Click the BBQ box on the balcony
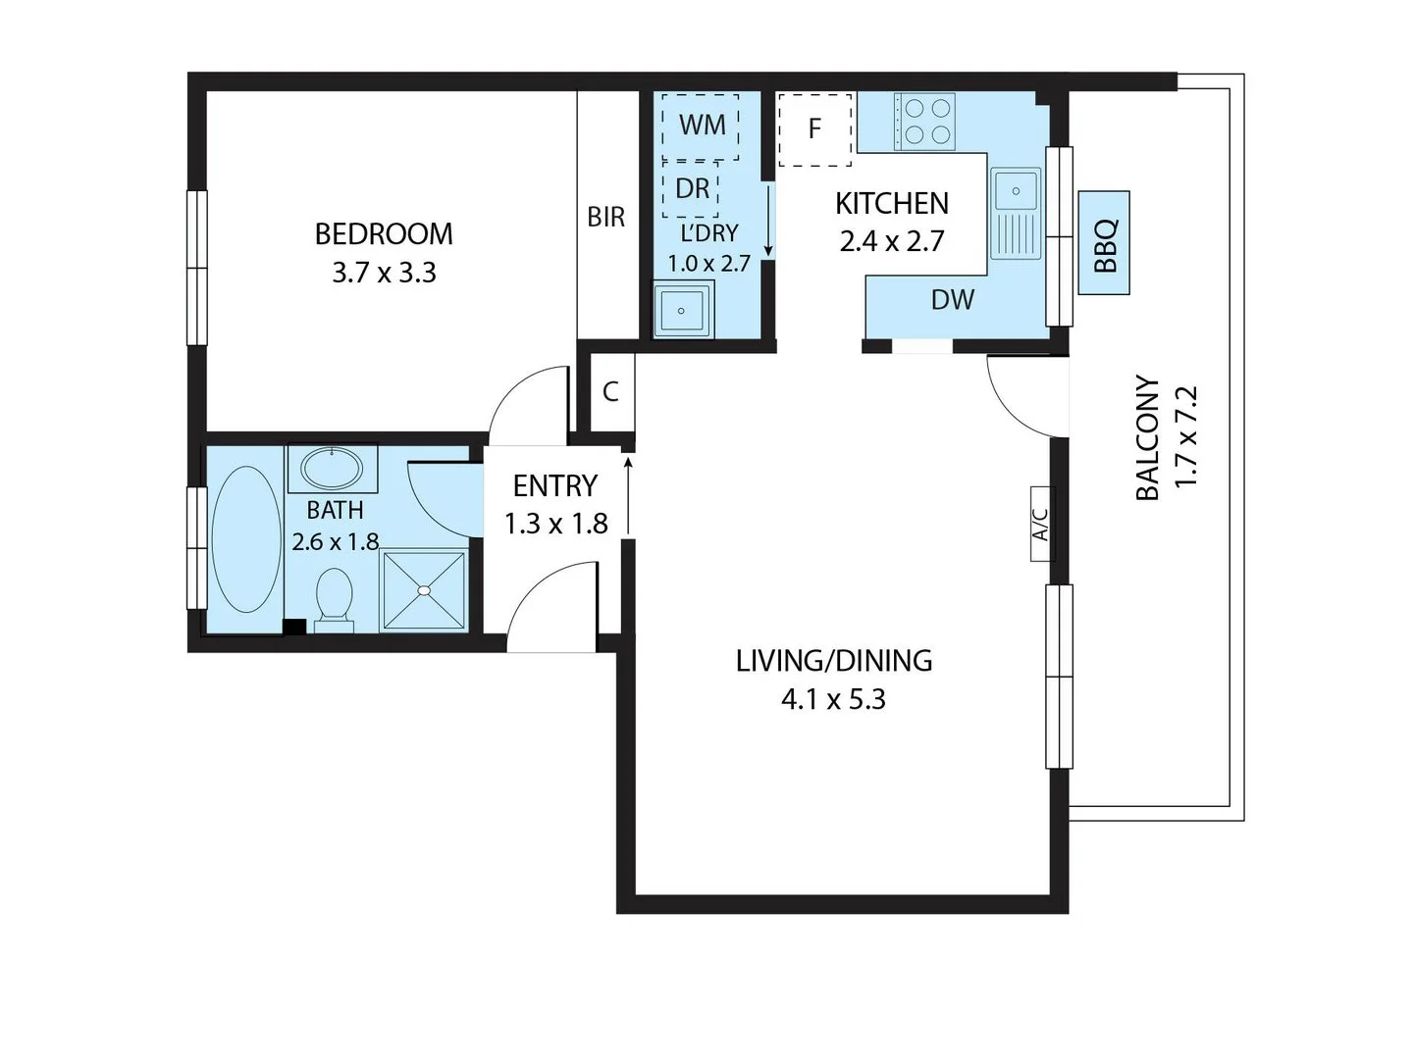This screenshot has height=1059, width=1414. click(1104, 243)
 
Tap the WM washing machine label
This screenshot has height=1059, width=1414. click(702, 126)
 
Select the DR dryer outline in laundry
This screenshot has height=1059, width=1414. click(691, 188)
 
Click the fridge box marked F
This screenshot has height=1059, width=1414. click(814, 128)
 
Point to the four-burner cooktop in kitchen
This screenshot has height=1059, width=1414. click(924, 121)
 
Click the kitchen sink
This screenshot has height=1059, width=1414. click(1016, 213)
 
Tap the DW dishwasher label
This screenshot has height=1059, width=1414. click(952, 300)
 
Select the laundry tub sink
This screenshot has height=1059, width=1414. click(683, 310)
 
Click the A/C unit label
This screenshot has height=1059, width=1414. click(1041, 524)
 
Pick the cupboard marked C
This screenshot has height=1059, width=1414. click(610, 392)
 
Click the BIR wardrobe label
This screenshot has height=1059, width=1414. click(605, 217)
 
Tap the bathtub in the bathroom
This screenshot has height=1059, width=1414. click(245, 540)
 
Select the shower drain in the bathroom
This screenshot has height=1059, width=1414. click(424, 590)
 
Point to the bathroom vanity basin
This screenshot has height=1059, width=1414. click(333, 468)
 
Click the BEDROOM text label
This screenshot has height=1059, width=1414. click(384, 234)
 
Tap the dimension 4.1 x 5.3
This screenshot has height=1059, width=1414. click(833, 700)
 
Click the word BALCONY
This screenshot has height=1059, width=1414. click(1147, 437)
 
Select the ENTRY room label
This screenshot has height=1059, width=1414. click(555, 485)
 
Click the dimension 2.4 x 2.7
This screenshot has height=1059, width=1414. click(891, 241)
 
